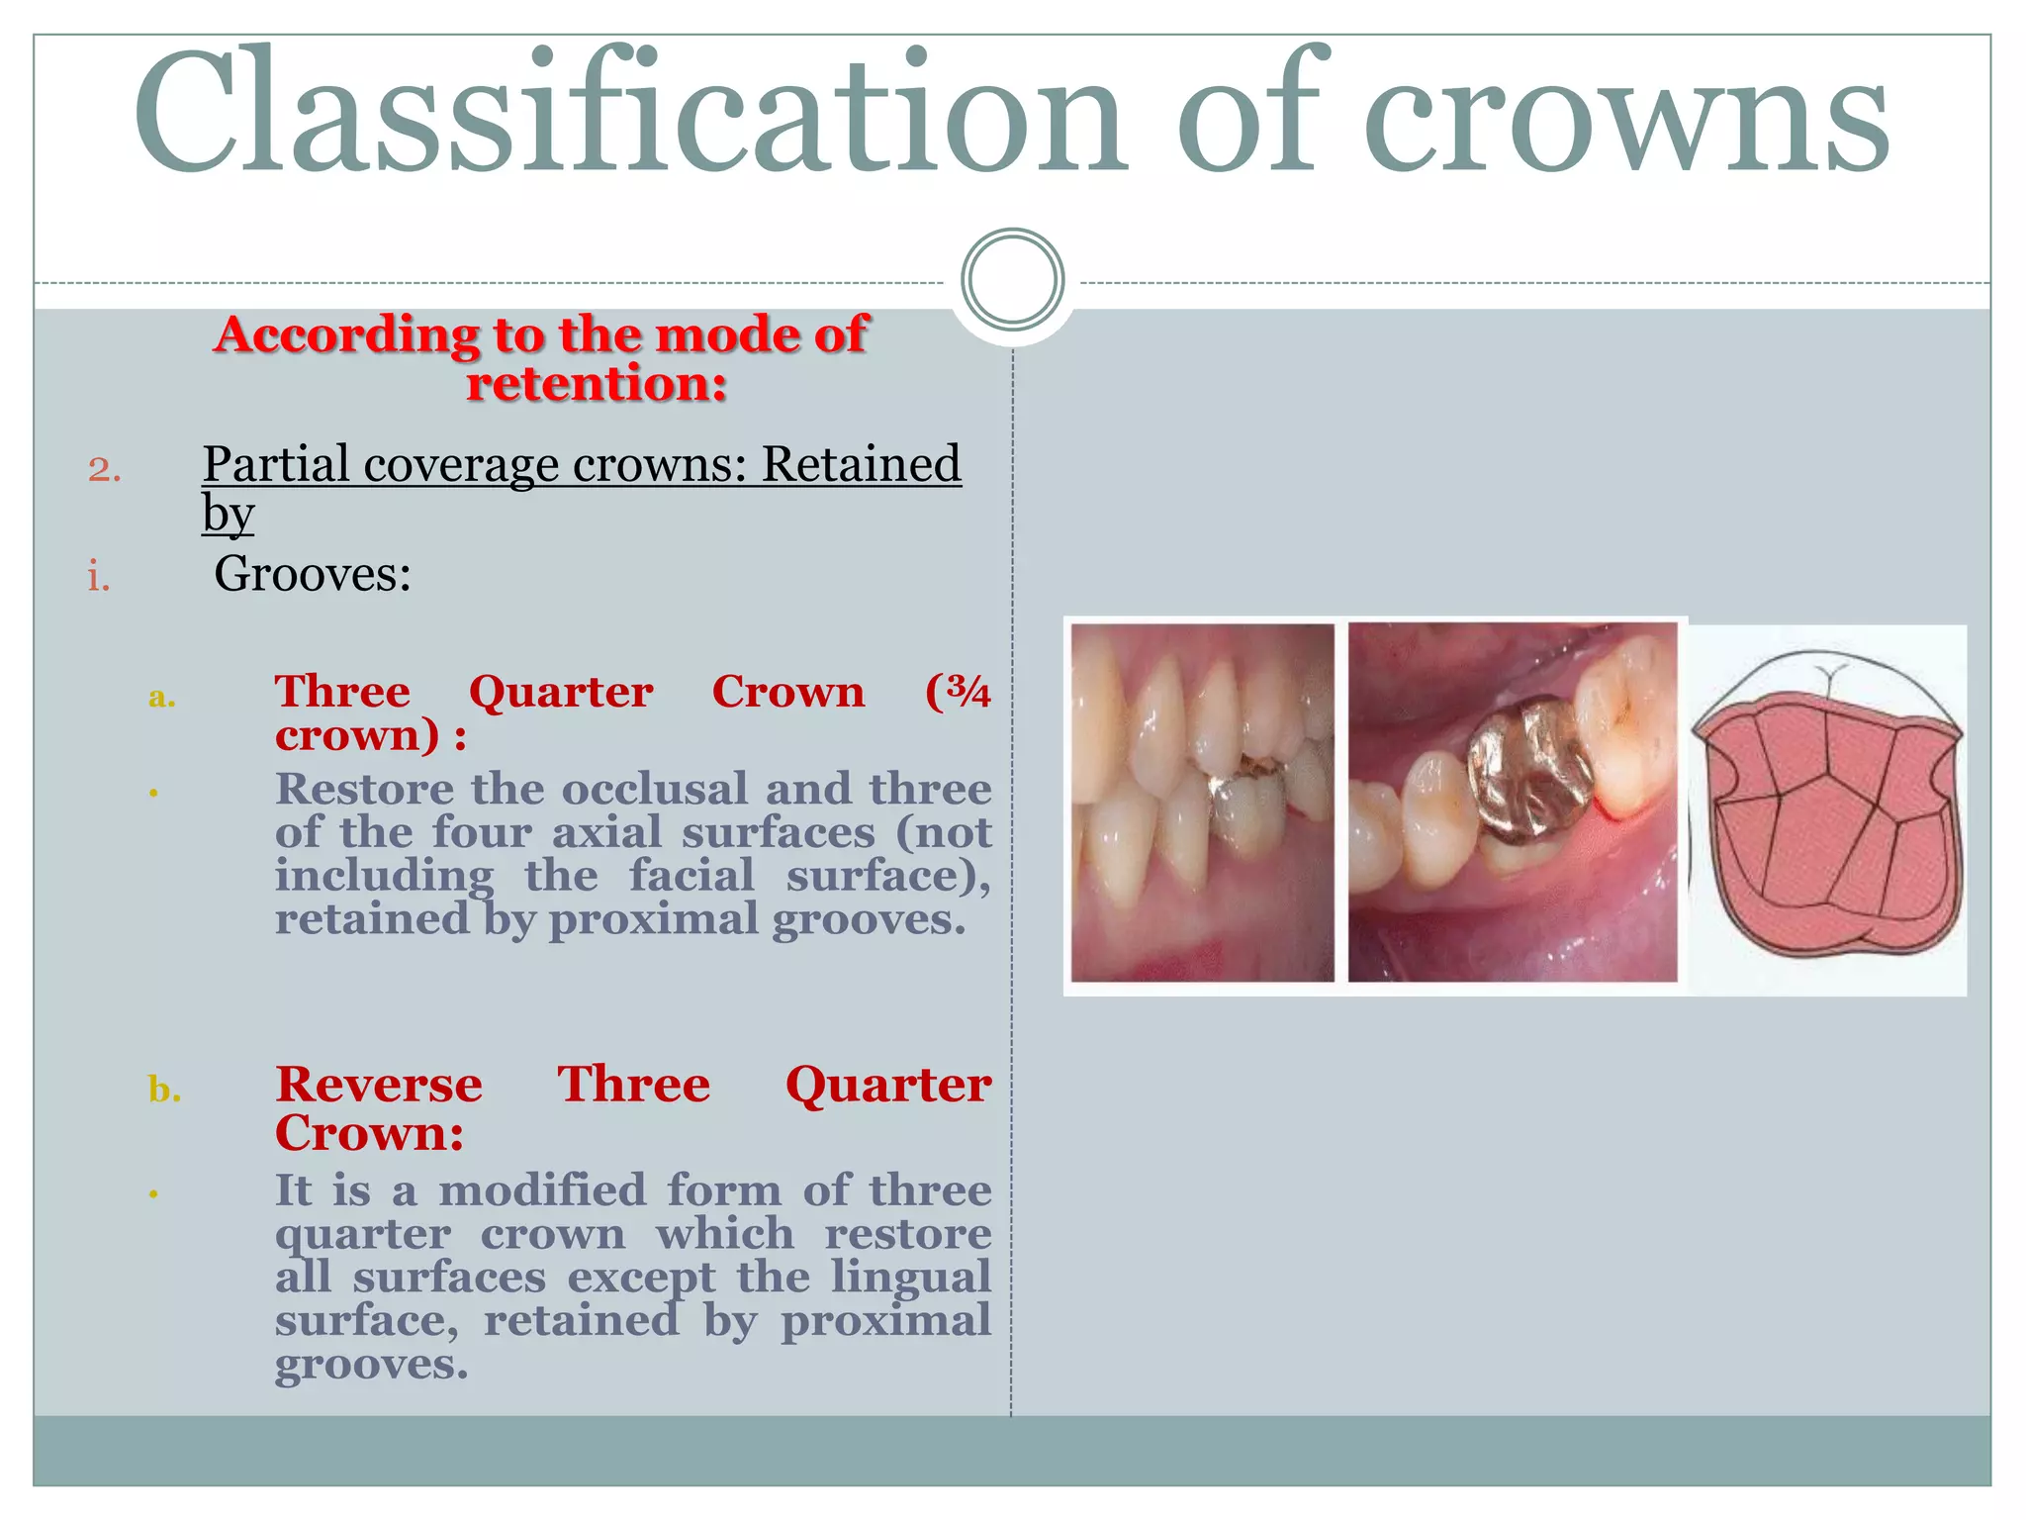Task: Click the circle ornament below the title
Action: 1012,279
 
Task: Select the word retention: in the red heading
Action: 597,384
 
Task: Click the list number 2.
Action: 104,469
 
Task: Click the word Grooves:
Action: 313,574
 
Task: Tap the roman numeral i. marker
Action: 98,576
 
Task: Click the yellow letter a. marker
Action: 161,698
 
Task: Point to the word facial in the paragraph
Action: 691,876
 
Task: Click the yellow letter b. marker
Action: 164,1090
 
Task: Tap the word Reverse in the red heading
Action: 379,1085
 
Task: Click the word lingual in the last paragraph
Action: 910,1277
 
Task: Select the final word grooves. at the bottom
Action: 371,1365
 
